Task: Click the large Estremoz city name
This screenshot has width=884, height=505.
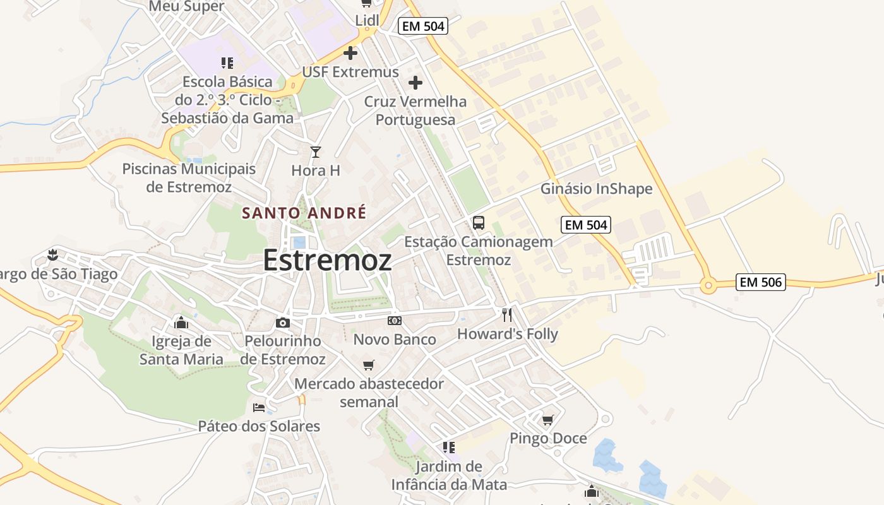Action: click(x=327, y=259)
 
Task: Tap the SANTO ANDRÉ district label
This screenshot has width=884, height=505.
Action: click(x=304, y=213)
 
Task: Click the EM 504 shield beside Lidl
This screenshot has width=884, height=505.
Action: click(x=423, y=26)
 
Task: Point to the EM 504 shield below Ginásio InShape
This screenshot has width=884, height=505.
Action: click(x=585, y=224)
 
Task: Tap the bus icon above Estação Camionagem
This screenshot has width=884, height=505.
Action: click(x=479, y=222)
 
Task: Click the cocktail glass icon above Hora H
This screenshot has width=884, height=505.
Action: click(x=316, y=151)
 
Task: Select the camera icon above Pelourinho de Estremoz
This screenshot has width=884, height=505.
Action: click(x=283, y=323)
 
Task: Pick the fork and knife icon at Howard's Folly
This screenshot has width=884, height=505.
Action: click(x=507, y=314)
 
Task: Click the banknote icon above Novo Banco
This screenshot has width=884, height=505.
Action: click(x=395, y=321)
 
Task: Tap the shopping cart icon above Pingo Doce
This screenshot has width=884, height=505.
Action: click(x=547, y=420)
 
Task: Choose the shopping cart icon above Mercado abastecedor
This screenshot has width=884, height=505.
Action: click(x=369, y=365)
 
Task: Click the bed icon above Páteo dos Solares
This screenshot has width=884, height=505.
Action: click(x=258, y=407)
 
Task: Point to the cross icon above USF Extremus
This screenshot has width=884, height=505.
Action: click(x=350, y=53)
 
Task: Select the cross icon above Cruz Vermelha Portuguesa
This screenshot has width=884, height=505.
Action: click(x=415, y=83)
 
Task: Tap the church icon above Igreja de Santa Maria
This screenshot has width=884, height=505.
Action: click(x=181, y=323)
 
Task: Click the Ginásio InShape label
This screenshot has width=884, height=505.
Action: click(x=596, y=189)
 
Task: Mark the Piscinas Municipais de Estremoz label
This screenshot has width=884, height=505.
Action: click(x=189, y=178)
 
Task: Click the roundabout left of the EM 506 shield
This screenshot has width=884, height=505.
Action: click(x=708, y=286)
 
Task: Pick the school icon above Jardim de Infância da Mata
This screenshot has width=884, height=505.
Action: click(x=449, y=448)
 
